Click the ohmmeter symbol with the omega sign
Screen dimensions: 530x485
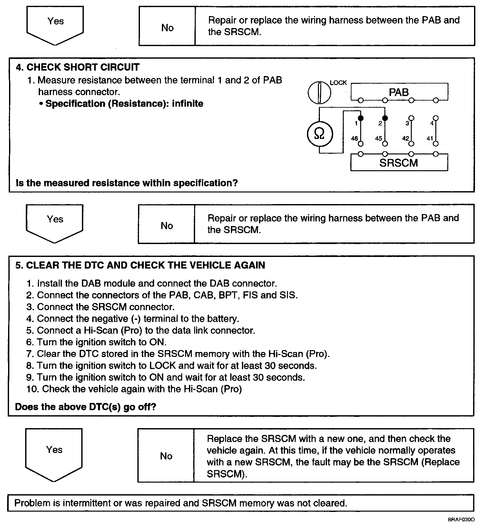tap(319, 134)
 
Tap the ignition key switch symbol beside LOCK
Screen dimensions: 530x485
tap(319, 93)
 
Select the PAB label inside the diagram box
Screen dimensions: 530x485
tap(399, 92)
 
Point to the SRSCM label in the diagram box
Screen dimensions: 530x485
tap(399, 163)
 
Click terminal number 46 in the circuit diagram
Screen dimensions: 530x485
tap(354, 138)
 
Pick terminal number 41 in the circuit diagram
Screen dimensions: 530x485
tap(430, 138)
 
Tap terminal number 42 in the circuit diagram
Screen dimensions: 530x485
tap(405, 138)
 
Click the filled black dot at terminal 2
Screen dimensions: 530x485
tap(385, 118)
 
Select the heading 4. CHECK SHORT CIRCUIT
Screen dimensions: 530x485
tap(78, 67)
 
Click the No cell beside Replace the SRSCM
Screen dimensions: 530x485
tap(166, 456)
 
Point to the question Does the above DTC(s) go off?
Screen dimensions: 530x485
tap(85, 407)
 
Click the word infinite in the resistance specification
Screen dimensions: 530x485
tap(188, 104)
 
